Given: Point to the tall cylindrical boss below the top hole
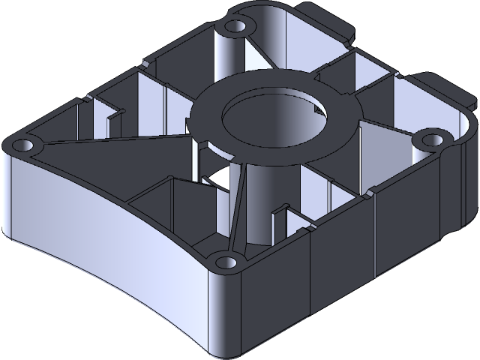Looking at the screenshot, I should (x=229, y=56).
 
